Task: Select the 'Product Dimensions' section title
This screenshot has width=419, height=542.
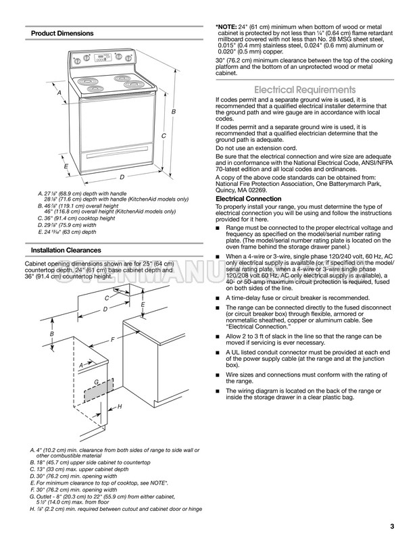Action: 62,33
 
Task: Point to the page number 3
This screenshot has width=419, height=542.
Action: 391,526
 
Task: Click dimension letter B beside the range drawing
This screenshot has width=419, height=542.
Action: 173,111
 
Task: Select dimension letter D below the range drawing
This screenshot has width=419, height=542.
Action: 122,177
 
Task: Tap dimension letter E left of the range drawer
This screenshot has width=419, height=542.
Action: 66,166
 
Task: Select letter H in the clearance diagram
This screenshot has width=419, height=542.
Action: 119,407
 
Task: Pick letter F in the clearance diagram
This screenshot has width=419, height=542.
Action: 112,337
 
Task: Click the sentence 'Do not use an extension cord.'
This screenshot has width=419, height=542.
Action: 256,148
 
